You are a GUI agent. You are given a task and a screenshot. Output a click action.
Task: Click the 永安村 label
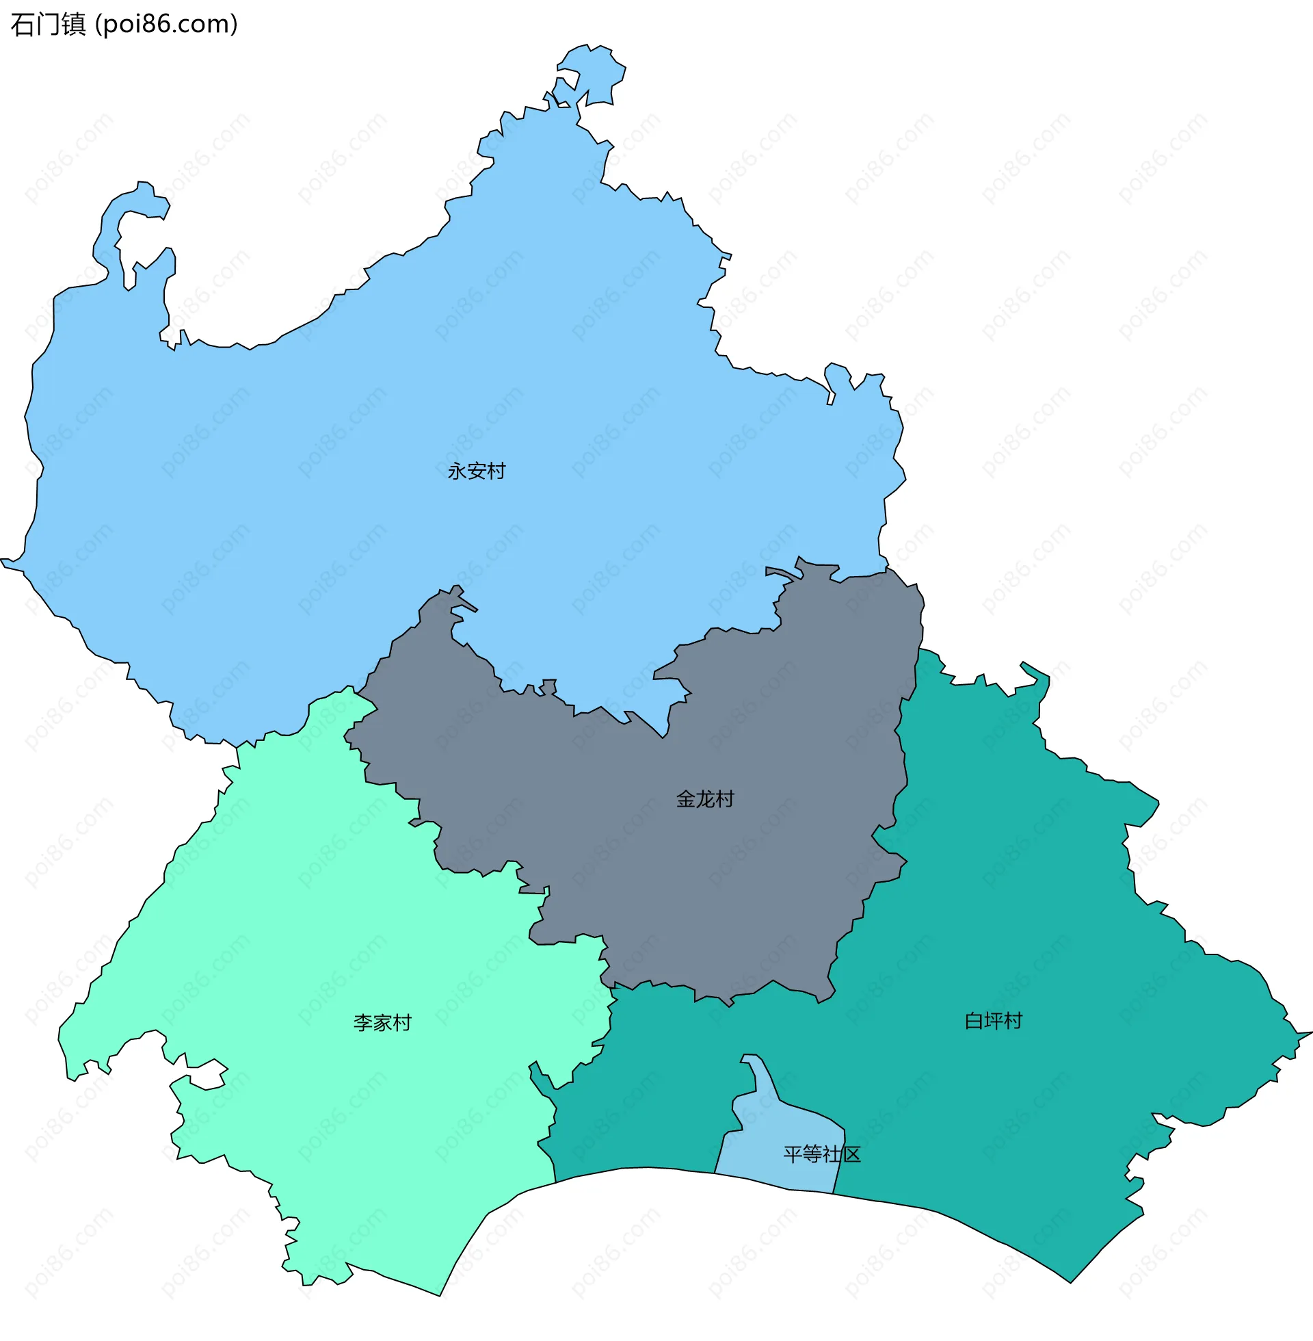[x=477, y=471]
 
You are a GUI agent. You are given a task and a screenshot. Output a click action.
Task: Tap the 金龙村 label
[x=705, y=800]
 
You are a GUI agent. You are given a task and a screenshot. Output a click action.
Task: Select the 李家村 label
[x=382, y=1023]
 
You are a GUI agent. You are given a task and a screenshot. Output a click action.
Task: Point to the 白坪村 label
[x=993, y=1021]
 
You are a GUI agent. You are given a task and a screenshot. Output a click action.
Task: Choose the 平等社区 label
[x=822, y=1155]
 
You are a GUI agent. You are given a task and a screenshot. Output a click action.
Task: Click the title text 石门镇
[x=49, y=24]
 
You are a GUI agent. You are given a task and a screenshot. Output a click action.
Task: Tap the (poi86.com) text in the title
[x=166, y=24]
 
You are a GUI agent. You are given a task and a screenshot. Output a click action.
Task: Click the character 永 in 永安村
[x=457, y=471]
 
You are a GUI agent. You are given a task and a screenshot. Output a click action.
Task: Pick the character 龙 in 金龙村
[x=705, y=800]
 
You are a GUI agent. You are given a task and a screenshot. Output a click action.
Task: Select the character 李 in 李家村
[x=362, y=1023]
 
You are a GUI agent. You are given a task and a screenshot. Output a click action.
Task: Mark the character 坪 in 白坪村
[x=993, y=1021]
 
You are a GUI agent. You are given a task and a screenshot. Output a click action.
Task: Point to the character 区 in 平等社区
[x=851, y=1155]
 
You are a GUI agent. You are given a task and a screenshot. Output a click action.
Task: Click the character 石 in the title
[x=23, y=24]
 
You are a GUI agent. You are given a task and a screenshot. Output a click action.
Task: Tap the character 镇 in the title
[x=73, y=24]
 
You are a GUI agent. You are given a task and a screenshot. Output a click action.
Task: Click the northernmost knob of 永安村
[x=592, y=69]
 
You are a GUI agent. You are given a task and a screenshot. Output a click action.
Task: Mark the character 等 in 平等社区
[x=812, y=1155]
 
